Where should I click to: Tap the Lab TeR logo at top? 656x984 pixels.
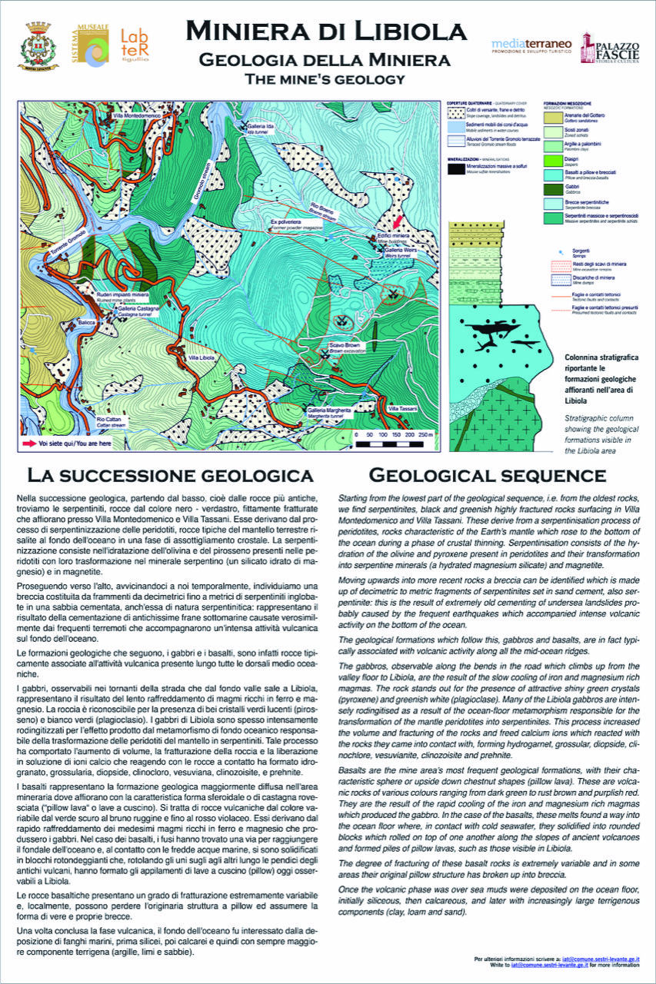click(x=135, y=45)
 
